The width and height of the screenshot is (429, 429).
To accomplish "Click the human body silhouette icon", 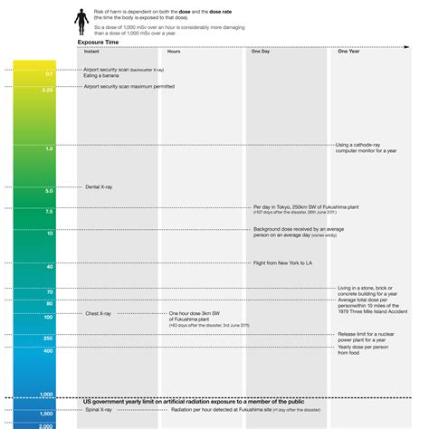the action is (80, 17).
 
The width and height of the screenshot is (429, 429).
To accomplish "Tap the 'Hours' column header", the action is (174, 52).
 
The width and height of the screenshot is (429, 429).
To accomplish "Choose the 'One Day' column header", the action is (260, 52).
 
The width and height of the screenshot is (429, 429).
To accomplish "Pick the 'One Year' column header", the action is (348, 52).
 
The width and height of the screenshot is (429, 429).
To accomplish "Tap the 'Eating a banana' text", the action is (102, 75).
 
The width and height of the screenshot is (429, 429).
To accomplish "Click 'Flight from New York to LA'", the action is (284, 262).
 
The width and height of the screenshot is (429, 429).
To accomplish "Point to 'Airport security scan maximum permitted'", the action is (129, 87).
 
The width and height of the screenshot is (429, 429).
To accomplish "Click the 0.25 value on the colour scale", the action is (47, 91).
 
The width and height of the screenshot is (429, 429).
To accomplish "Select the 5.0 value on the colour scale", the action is (48, 191).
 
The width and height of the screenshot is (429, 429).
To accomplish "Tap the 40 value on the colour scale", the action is (49, 267).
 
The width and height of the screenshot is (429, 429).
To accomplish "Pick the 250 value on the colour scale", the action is (48, 338).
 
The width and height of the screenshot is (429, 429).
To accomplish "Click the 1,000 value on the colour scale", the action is (46, 396).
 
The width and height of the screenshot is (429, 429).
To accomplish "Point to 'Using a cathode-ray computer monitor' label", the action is (367, 148).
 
